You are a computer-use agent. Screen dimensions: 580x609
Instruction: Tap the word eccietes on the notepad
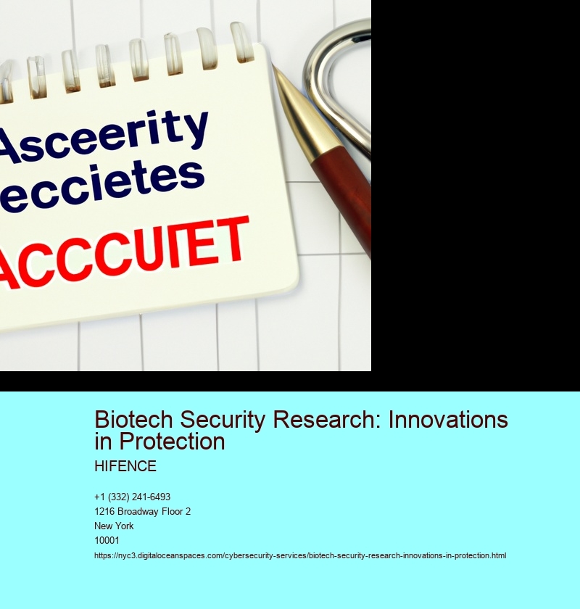point(101,187)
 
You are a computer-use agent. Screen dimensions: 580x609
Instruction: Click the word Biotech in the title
point(133,420)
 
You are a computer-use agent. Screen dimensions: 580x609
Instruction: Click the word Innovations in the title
point(448,420)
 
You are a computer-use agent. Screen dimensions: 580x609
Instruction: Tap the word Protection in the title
point(172,442)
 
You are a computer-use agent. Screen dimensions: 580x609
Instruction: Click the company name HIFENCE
point(125,466)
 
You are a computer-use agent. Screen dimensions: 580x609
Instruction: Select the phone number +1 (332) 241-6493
point(132,497)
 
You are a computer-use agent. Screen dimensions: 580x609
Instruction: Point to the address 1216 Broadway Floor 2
point(142,511)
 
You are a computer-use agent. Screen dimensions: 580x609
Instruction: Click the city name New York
point(114,526)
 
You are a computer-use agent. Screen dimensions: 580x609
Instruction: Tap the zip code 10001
point(107,540)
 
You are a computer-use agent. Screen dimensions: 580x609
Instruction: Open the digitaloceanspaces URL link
point(300,555)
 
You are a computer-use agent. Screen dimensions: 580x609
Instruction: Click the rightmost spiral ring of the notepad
point(241,42)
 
